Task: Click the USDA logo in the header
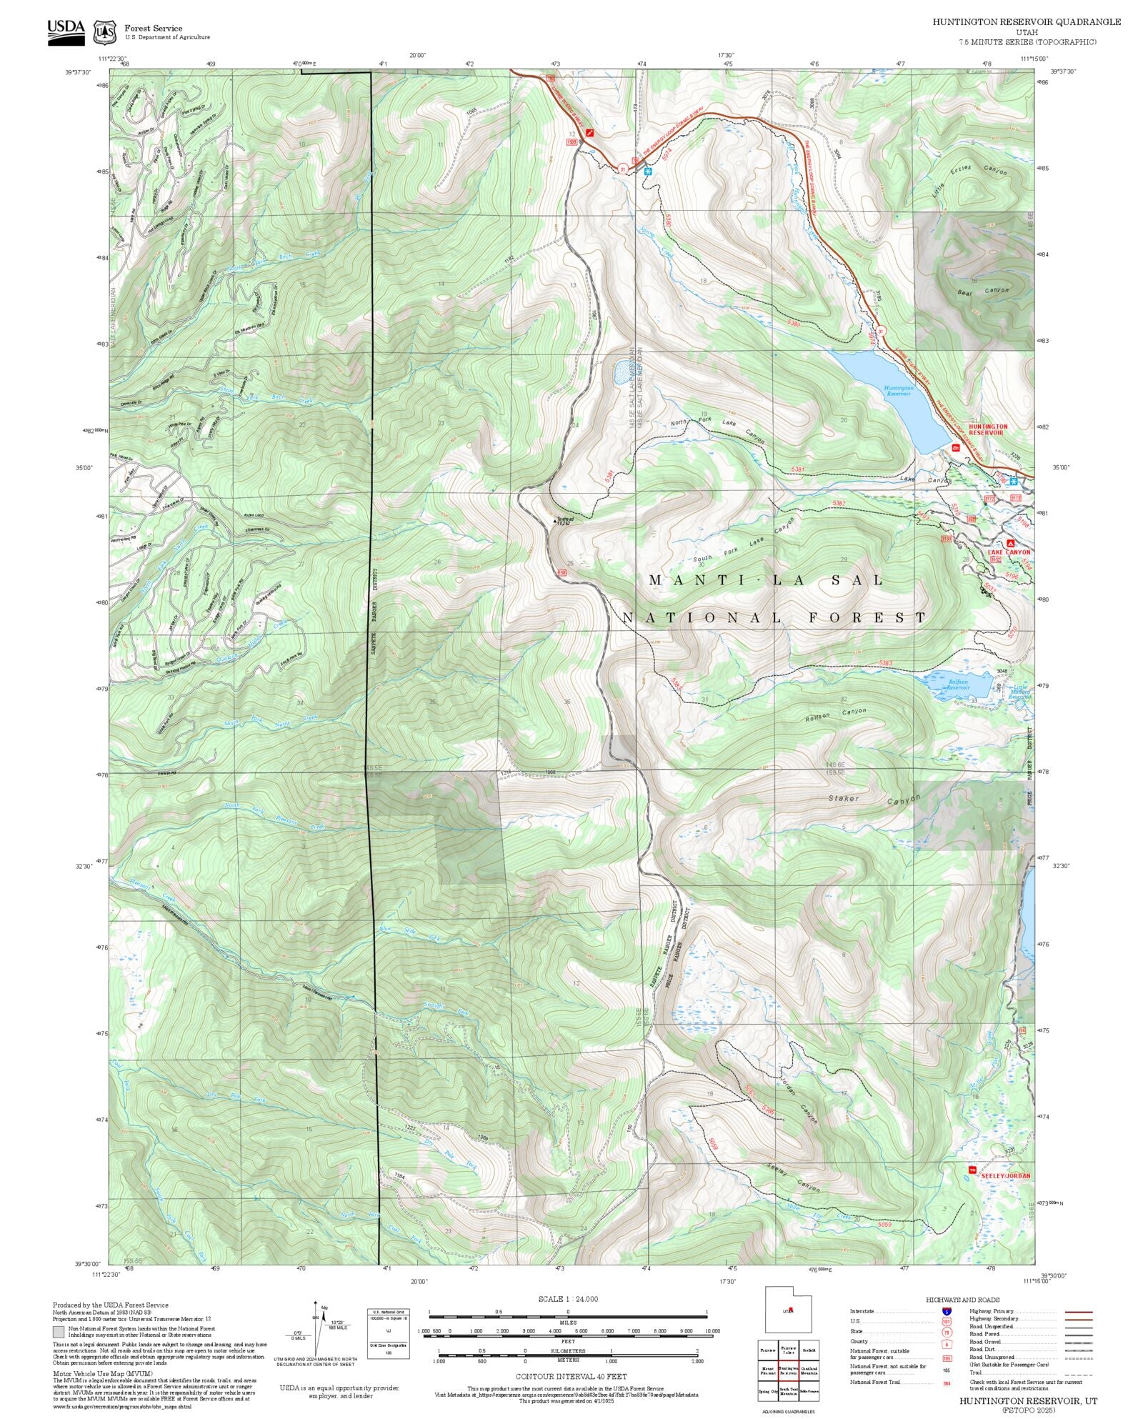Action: (66, 31)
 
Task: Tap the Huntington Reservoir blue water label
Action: (898, 391)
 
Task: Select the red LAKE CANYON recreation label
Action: (1009, 552)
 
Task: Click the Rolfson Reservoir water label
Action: (958, 684)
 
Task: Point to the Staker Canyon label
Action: (873, 800)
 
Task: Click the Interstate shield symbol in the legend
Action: (947, 1312)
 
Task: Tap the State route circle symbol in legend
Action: (947, 1332)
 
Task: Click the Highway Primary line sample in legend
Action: (1078, 1312)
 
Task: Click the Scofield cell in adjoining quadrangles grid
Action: (809, 1350)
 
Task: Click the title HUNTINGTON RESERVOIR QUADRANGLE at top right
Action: (1026, 22)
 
